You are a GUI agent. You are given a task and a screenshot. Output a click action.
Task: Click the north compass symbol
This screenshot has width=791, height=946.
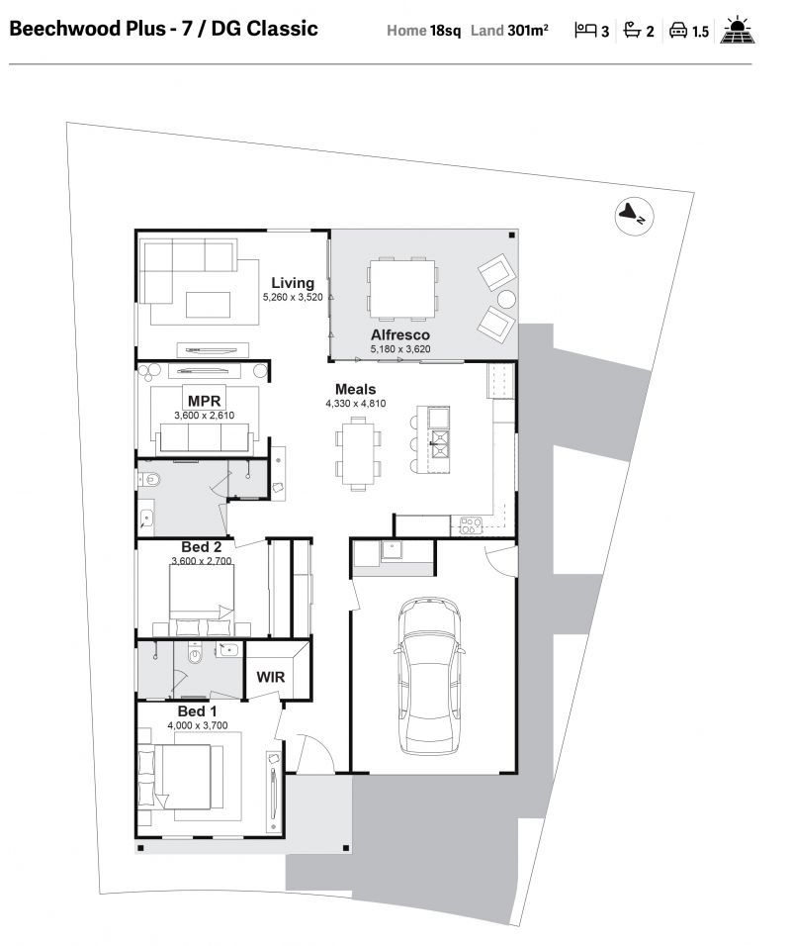(x=634, y=216)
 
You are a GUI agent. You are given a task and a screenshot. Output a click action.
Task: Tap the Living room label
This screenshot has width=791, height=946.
(x=293, y=283)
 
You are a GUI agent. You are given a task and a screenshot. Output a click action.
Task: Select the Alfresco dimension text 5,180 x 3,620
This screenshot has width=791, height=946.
(x=400, y=348)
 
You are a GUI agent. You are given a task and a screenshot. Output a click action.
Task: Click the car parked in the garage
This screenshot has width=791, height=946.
(x=429, y=675)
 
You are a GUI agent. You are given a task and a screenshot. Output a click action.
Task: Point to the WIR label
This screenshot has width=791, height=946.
(x=270, y=677)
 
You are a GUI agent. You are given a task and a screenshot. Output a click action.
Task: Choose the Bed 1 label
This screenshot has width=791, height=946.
(x=197, y=711)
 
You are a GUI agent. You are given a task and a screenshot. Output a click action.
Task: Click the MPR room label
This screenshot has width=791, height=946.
(x=205, y=401)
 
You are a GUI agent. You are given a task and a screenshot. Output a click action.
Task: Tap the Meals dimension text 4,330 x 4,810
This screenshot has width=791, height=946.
(x=356, y=404)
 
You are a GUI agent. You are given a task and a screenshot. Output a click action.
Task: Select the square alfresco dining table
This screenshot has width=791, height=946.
(x=402, y=288)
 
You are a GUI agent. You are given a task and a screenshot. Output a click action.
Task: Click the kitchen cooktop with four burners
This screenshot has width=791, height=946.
(x=471, y=524)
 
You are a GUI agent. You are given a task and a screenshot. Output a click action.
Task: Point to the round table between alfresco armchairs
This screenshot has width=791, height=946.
(x=506, y=300)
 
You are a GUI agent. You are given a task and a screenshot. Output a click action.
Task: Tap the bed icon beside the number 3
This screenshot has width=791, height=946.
(x=584, y=30)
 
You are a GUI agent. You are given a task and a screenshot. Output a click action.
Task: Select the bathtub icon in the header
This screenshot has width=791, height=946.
(x=632, y=30)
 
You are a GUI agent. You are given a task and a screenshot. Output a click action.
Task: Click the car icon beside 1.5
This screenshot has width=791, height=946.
(x=678, y=30)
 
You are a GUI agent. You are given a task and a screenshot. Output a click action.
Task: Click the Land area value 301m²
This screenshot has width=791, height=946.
(x=528, y=30)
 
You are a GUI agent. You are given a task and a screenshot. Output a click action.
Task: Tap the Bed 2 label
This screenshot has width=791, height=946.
(x=202, y=546)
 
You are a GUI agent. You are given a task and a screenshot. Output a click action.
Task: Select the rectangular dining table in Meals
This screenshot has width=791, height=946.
(x=358, y=452)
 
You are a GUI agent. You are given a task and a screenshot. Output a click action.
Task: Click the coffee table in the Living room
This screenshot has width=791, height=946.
(x=208, y=305)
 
